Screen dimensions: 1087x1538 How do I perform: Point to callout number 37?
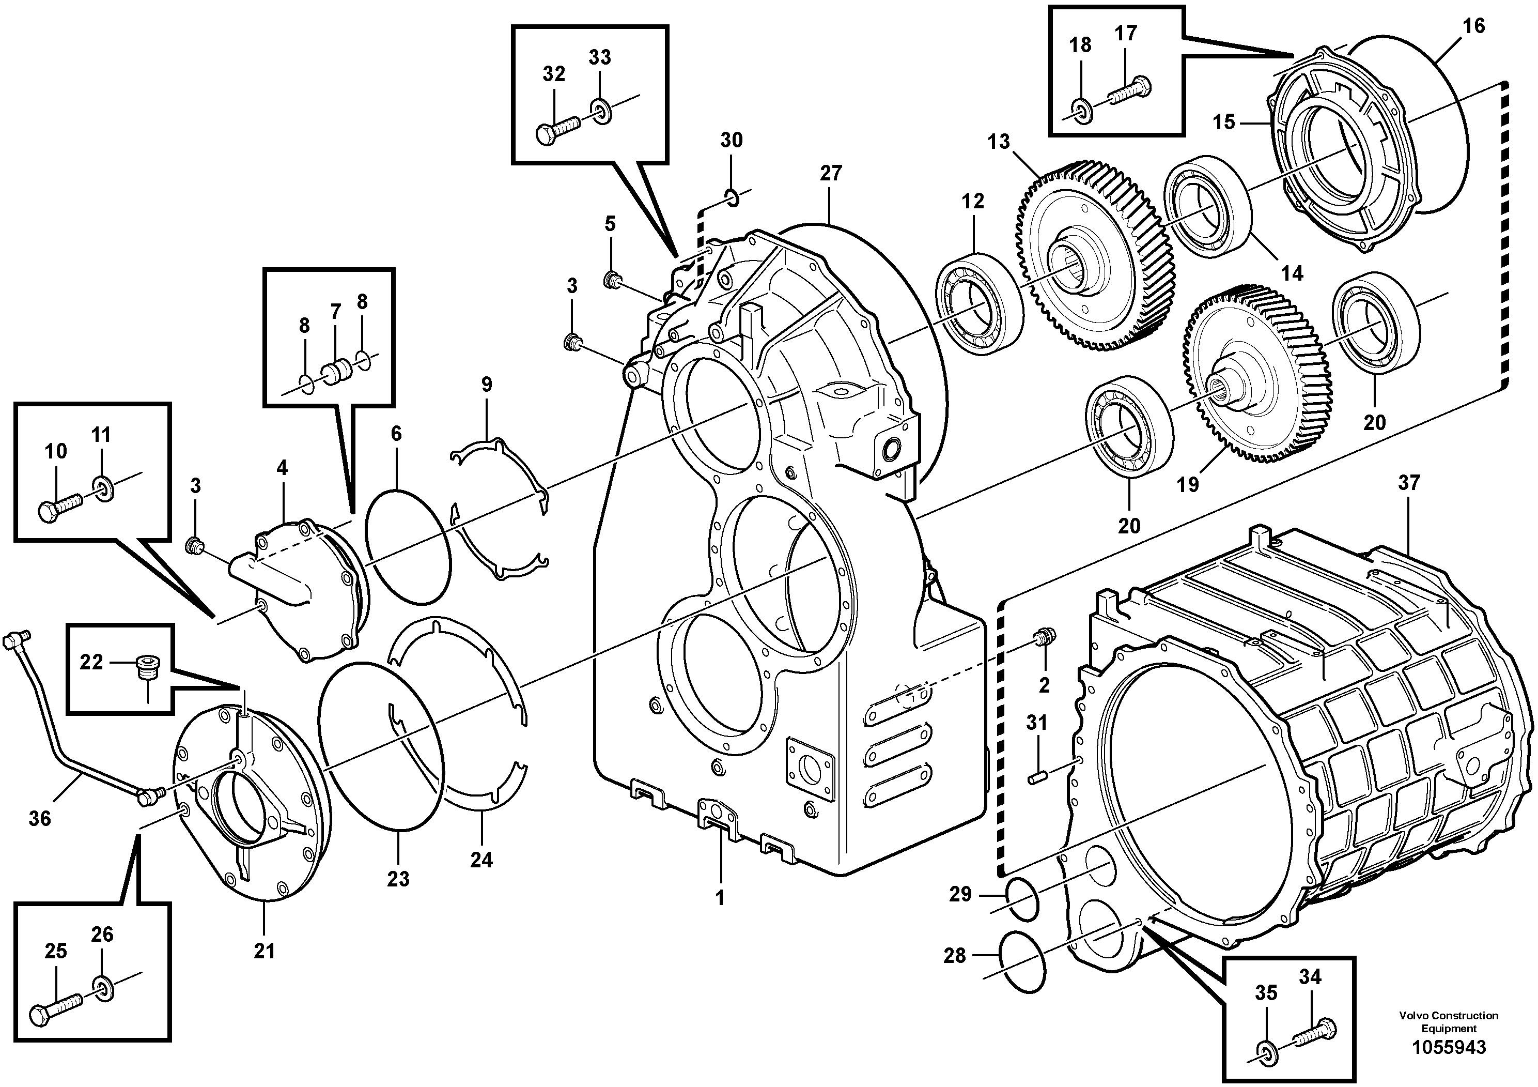(x=1409, y=483)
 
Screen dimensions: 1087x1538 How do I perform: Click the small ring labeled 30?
(x=732, y=197)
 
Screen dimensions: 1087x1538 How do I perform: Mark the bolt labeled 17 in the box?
(x=1131, y=91)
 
